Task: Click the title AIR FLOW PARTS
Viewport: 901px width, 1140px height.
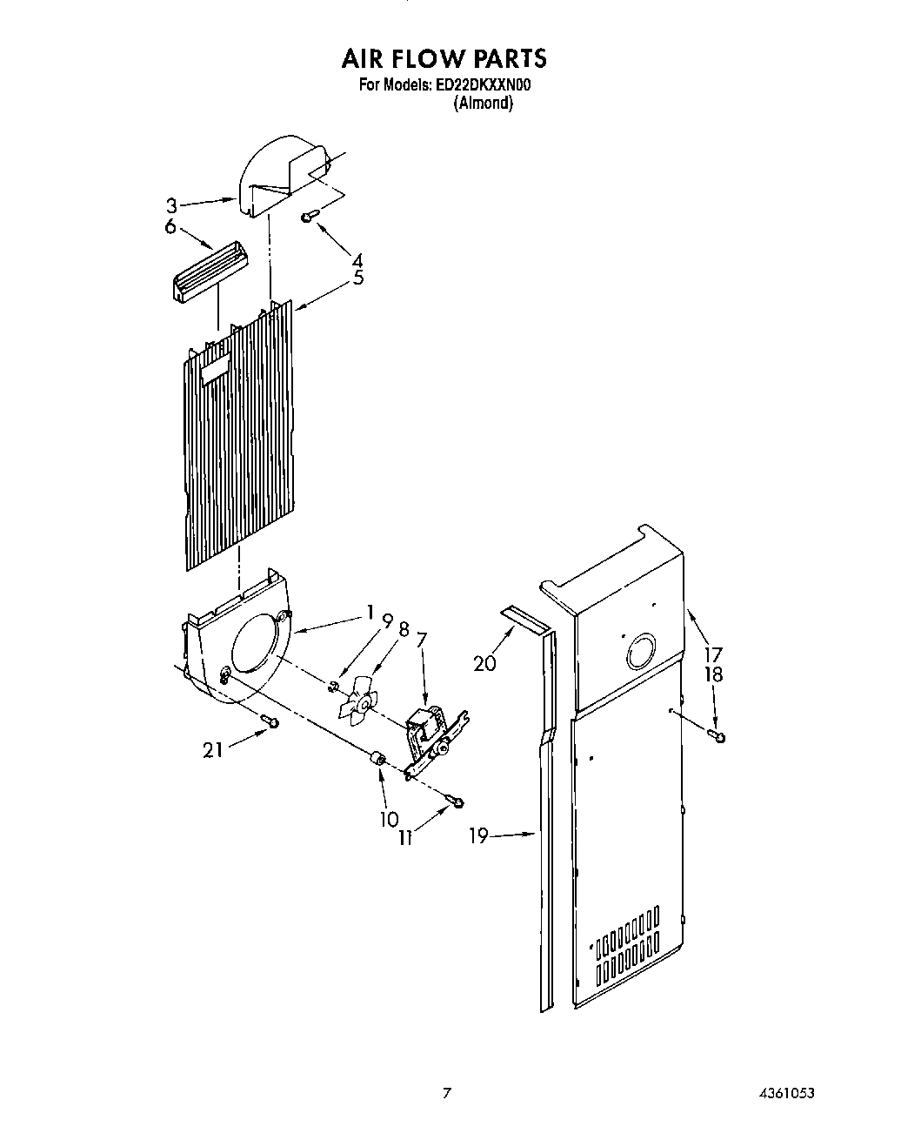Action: pyautogui.click(x=444, y=58)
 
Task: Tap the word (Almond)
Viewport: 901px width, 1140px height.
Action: pyautogui.click(x=483, y=103)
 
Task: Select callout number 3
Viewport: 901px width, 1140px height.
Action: pyautogui.click(x=172, y=206)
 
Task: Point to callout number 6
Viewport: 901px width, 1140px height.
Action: pyautogui.click(x=170, y=226)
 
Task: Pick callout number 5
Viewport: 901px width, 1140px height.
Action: pyautogui.click(x=358, y=278)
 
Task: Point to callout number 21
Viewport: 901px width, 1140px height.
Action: pyautogui.click(x=213, y=749)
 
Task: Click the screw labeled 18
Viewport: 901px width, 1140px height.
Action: pyautogui.click(x=717, y=736)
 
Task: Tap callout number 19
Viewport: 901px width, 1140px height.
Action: pyautogui.click(x=479, y=836)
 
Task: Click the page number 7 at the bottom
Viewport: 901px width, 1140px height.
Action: pyautogui.click(x=446, y=1093)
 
